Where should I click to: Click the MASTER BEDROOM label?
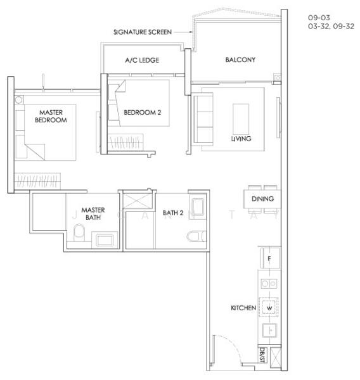click(51, 116)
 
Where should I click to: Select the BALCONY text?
click(240, 60)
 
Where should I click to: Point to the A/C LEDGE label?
click(143, 60)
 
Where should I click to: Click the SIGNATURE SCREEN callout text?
click(142, 31)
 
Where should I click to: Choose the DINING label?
click(262, 198)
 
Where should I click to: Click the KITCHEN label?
click(243, 308)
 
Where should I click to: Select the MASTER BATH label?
click(93, 213)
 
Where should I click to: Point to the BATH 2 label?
click(173, 213)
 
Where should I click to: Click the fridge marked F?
click(269, 258)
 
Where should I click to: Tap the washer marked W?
click(269, 308)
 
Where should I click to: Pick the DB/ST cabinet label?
click(262, 355)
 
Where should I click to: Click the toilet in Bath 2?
click(195, 236)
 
